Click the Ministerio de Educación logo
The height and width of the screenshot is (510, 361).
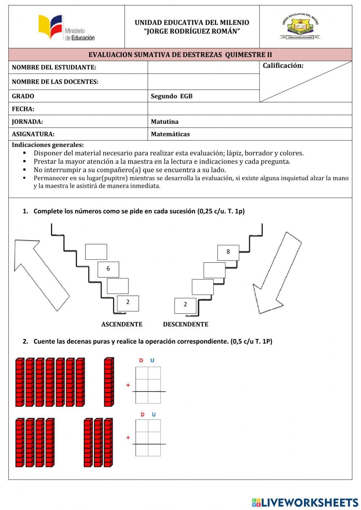coord(66,28)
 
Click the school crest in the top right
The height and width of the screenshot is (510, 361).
coord(300,26)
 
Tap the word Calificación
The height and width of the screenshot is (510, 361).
coord(283,65)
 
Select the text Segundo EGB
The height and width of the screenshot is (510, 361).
coord(171,96)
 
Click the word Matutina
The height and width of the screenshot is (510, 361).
coord(165,122)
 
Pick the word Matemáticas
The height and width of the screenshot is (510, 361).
coord(170,134)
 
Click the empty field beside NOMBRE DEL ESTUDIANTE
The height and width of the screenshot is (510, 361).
coord(203,67)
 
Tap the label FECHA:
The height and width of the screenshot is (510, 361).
coord(23,109)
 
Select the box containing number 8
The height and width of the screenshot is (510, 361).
coord(228,252)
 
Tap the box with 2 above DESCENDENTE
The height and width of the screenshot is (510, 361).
coord(185,305)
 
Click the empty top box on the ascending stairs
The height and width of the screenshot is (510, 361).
coord(96,252)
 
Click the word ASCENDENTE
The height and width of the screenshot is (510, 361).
coord(122,324)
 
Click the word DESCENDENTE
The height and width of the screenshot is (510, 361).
coord(186,324)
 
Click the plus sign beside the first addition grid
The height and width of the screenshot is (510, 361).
coord(128,385)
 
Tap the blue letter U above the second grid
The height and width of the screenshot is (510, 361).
coord(154,414)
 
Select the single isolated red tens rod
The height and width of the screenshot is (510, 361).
coord(109,382)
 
